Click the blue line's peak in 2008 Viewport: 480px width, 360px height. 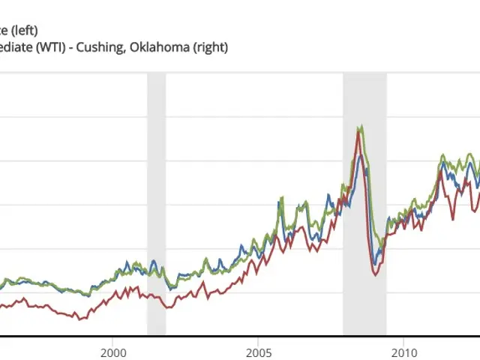[361, 154]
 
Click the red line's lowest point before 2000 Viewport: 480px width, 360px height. [80, 319]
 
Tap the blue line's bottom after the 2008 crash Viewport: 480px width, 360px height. [376, 264]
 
